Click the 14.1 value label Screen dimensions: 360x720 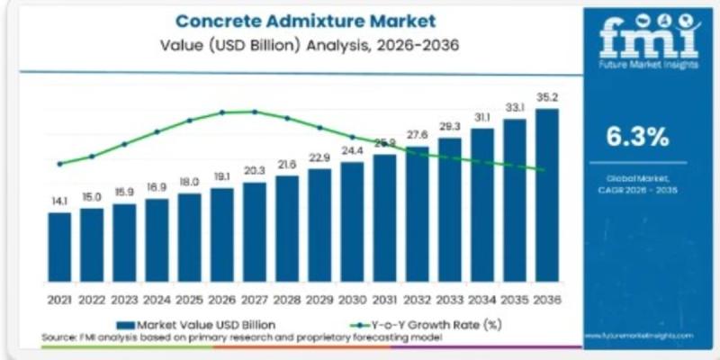pos(59,202)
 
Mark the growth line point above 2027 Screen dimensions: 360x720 pos(255,112)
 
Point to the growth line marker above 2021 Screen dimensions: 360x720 pos(59,164)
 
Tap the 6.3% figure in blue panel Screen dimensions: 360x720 pos(637,138)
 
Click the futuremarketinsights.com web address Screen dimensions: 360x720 pos(640,333)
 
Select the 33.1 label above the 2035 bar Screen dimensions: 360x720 pos(514,108)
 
